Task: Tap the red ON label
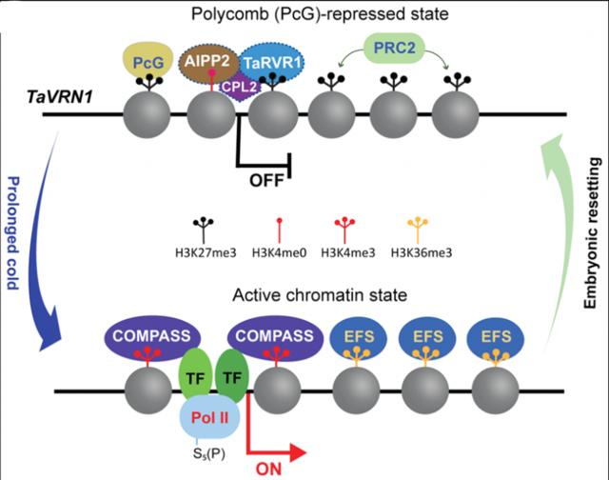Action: tap(270, 467)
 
